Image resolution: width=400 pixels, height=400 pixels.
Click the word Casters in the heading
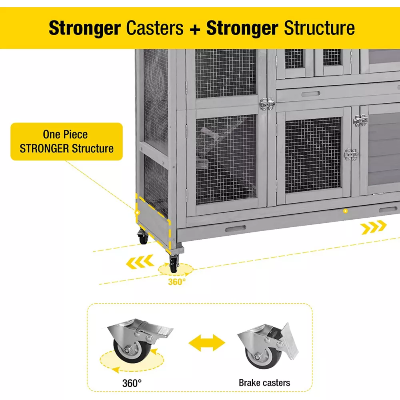[154, 28]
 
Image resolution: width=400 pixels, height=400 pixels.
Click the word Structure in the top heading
[319, 28]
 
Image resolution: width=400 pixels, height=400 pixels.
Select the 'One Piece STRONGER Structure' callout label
[66, 142]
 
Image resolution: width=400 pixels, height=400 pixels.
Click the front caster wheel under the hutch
[174, 264]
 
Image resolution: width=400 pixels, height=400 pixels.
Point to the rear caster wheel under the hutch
[143, 237]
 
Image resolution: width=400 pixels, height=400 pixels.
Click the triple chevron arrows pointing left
[140, 262]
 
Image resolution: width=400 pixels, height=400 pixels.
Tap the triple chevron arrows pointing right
[374, 227]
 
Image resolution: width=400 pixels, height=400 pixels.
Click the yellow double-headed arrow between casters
[207, 343]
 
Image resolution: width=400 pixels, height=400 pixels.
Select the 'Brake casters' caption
[264, 383]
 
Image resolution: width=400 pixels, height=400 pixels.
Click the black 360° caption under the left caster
[132, 383]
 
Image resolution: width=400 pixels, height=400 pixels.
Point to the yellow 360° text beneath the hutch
[177, 282]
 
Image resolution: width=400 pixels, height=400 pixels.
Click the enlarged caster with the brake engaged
[268, 346]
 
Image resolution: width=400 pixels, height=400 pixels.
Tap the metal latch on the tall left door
[267, 104]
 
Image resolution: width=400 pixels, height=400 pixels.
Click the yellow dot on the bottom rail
[345, 211]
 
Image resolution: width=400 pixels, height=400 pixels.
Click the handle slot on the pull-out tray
[236, 228]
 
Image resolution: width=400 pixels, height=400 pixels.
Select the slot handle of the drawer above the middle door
[311, 94]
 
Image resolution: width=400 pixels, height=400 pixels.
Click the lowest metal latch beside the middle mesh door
[351, 154]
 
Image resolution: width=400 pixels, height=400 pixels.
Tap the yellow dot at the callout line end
[137, 212]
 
